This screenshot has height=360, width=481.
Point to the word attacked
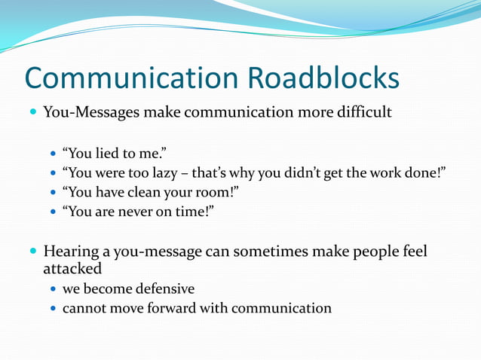pyautogui.click(x=72, y=268)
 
